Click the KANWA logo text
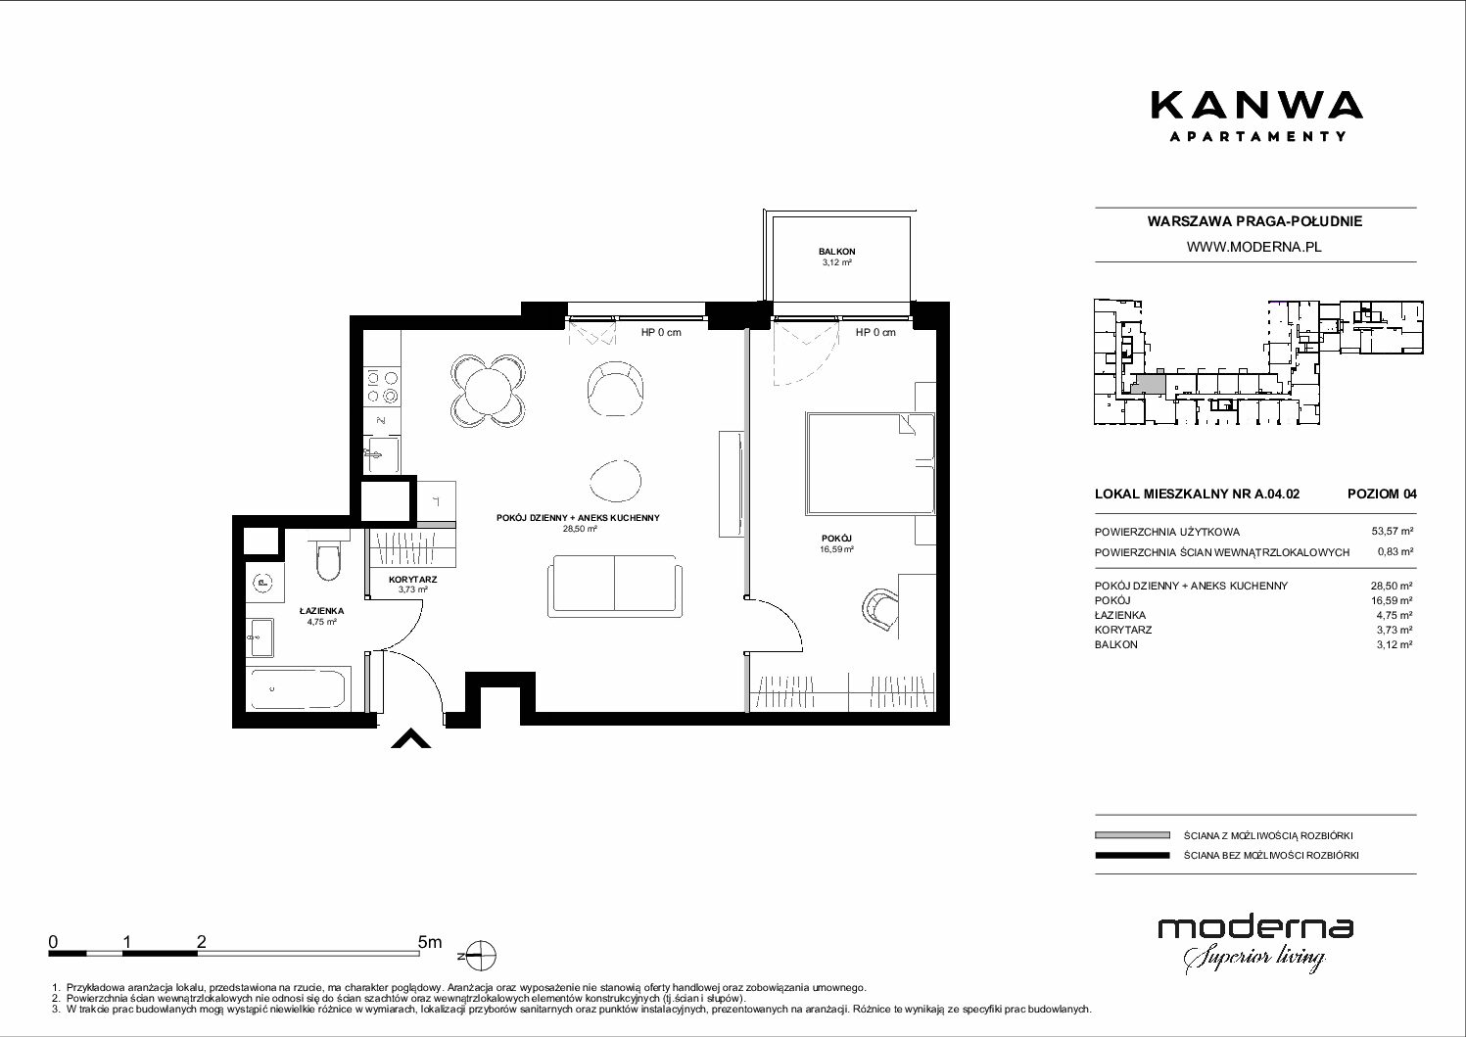(x=1256, y=106)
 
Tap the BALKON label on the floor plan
(x=836, y=252)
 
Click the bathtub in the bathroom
(x=298, y=688)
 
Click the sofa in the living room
(x=615, y=586)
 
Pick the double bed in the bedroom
(x=871, y=462)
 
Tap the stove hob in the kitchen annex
(x=382, y=387)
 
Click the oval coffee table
(x=615, y=480)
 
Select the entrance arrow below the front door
(x=411, y=738)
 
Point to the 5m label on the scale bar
(x=430, y=941)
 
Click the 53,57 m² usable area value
(x=1392, y=532)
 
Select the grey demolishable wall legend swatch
(x=1132, y=835)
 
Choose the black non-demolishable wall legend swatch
(x=1132, y=855)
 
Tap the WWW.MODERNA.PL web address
(x=1253, y=247)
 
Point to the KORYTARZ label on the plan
(x=413, y=580)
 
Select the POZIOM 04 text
(x=1382, y=494)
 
